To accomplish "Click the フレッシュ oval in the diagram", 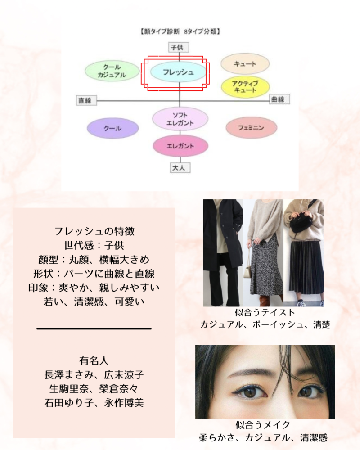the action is pyautogui.click(x=178, y=72).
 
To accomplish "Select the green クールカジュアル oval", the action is pyautogui.click(x=112, y=71).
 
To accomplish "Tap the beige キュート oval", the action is pyautogui.click(x=245, y=64).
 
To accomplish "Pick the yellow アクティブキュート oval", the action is pyautogui.click(x=245, y=87).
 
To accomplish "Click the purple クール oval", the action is pyautogui.click(x=113, y=128).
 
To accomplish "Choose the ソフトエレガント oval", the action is pyautogui.click(x=180, y=119).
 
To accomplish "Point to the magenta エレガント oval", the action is pyautogui.click(x=180, y=146).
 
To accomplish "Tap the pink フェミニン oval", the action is pyautogui.click(x=252, y=127).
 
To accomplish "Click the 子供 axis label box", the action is pyautogui.click(x=179, y=47).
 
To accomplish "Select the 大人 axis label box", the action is pyautogui.click(x=180, y=167).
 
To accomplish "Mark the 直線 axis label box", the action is pyautogui.click(x=86, y=100).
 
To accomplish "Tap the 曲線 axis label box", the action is pyautogui.click(x=279, y=99).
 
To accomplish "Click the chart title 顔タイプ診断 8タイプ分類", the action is pyautogui.click(x=180, y=31).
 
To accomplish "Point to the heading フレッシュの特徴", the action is pyautogui.click(x=94, y=231).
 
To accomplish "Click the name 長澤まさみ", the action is pyautogui.click(x=69, y=375).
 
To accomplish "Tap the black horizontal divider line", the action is pyautogui.click(x=94, y=328).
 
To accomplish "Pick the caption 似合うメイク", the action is pyautogui.click(x=263, y=425).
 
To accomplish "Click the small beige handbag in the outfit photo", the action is pyautogui.click(x=247, y=269).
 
